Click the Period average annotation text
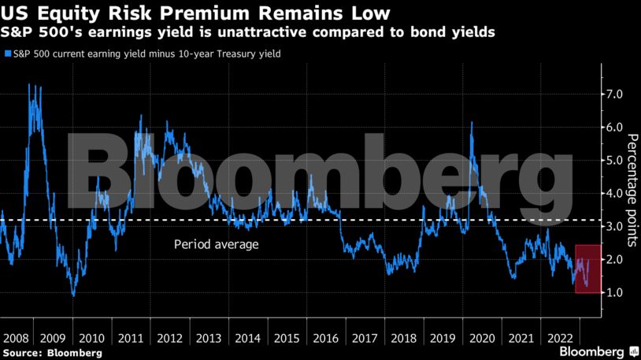(216, 245)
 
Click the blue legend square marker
(8, 54)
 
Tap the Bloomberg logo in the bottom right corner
(595, 350)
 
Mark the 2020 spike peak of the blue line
(471, 123)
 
